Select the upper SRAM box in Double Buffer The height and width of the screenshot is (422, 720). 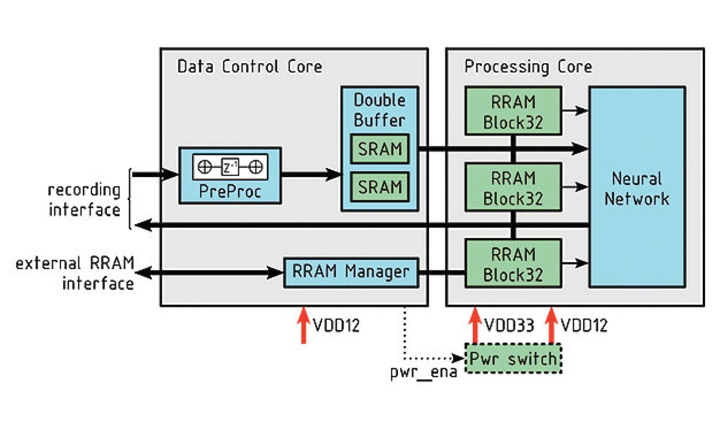coord(380,149)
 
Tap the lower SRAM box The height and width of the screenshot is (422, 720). coord(380,186)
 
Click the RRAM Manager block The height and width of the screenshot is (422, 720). coord(351,272)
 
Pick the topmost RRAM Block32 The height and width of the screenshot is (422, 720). coord(513,111)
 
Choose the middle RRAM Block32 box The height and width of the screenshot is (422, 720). coord(513,188)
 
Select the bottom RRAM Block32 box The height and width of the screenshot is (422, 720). coord(513,264)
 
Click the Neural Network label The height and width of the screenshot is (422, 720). coord(637,188)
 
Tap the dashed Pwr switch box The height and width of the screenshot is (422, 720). coord(513,358)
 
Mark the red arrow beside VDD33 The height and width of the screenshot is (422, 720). coord(474,325)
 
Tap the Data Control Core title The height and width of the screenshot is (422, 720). coord(250,67)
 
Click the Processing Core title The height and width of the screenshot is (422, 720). coord(528,67)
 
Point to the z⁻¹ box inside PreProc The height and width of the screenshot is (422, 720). coord(229,167)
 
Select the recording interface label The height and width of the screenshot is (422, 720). coord(84,200)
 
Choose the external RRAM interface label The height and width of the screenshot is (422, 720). coord(74,273)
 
